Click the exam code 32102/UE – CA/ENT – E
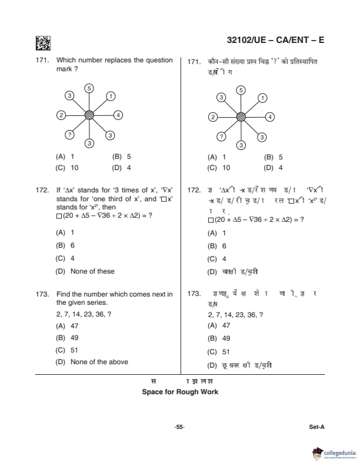pyautogui.click(x=275, y=40)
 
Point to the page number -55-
pyautogui.click(x=179, y=427)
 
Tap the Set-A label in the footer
pyautogui.click(x=316, y=427)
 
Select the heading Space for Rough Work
pyautogui.click(x=180, y=391)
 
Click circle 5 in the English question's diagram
pyautogui.click(x=89, y=88)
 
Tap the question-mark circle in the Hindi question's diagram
pyautogui.click(x=221, y=136)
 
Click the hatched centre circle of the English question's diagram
pyautogui.click(x=89, y=115)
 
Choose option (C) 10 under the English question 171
pyautogui.click(x=67, y=168)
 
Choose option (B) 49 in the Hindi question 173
pyautogui.click(x=218, y=338)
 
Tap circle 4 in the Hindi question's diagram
pyautogui.click(x=270, y=116)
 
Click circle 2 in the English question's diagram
pyautogui.click(x=61, y=115)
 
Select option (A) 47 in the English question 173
pyautogui.click(x=66, y=325)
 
